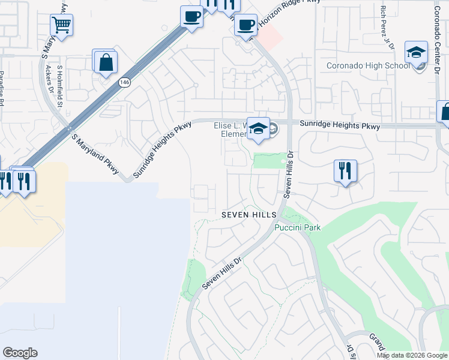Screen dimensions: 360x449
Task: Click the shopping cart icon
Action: coord(61,25)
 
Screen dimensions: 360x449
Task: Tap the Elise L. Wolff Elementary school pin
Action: coord(258,128)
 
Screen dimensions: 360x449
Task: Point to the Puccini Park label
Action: coord(298,227)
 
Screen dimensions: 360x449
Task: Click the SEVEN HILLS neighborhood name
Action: coord(249,214)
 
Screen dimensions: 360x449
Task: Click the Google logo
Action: coord(20,353)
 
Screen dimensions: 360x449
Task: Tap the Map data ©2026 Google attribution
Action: coord(412,355)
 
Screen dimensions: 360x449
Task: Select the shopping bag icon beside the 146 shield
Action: coord(105,62)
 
